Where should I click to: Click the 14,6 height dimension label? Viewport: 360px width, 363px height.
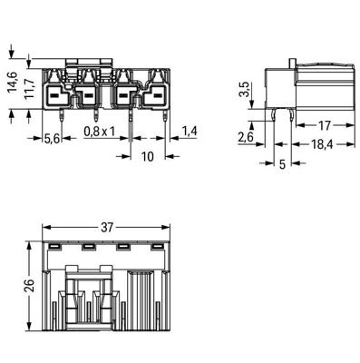pyautogui.click(x=13, y=82)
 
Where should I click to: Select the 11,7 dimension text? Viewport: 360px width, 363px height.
pyautogui.click(x=30, y=88)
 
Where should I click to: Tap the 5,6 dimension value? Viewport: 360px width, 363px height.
pyautogui.click(x=52, y=139)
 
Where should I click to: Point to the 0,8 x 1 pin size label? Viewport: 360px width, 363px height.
pyautogui.click(x=100, y=132)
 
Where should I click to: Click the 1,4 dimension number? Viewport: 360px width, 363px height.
pyautogui.click(x=190, y=132)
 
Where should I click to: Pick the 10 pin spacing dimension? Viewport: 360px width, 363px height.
pyautogui.click(x=148, y=157)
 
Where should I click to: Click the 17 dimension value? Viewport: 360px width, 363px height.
pyautogui.click(x=325, y=125)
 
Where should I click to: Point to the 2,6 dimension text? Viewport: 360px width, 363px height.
pyautogui.click(x=245, y=138)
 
